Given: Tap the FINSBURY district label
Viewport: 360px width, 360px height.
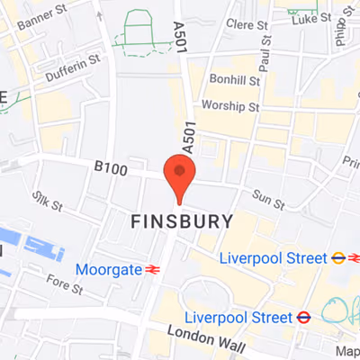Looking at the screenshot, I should pyautogui.click(x=182, y=221).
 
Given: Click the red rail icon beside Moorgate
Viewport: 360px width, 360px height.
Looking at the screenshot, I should pyautogui.click(x=153, y=269).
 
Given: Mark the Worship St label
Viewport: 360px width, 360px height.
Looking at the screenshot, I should pyautogui.click(x=231, y=106).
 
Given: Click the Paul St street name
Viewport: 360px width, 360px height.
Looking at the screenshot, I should pyautogui.click(x=265, y=61).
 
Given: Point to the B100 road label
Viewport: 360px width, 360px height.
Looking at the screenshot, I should pyautogui.click(x=112, y=168).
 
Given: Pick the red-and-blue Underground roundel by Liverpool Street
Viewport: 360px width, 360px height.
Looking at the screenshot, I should pyautogui.click(x=304, y=318).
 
